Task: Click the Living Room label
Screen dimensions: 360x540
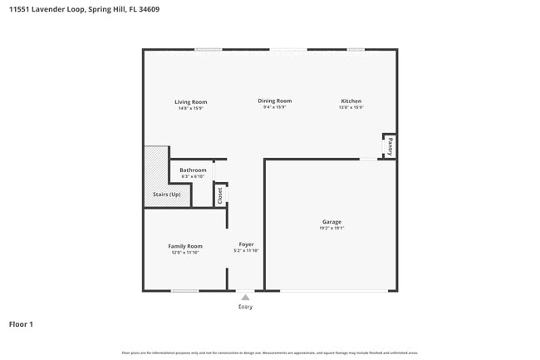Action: tap(190, 101)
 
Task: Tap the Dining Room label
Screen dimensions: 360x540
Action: tap(274, 101)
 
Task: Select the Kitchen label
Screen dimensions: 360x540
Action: tap(350, 101)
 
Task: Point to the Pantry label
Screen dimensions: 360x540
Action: tap(389, 147)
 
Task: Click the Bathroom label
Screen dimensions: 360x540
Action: tap(193, 170)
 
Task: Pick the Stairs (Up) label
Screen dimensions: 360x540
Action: tap(166, 195)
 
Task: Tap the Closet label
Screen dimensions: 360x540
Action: tap(220, 195)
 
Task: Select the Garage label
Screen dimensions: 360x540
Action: tap(331, 222)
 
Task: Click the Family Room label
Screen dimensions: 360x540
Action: tap(185, 246)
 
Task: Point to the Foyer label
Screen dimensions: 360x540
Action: tap(246, 244)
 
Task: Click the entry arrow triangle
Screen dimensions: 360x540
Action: tap(245, 297)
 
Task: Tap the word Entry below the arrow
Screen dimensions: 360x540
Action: tap(245, 307)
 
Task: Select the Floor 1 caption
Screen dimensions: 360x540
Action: tap(21, 324)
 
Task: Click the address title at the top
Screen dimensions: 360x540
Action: tap(85, 10)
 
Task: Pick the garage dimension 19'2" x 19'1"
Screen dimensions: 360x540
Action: tap(331, 228)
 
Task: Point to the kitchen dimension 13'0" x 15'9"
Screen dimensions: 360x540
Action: tap(350, 107)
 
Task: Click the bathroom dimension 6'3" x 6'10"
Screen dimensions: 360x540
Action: tap(193, 176)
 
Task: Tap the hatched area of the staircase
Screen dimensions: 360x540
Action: tap(155, 170)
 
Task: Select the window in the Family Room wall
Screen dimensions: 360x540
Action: tap(184, 290)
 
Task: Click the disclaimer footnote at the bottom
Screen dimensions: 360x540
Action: tap(269, 353)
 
